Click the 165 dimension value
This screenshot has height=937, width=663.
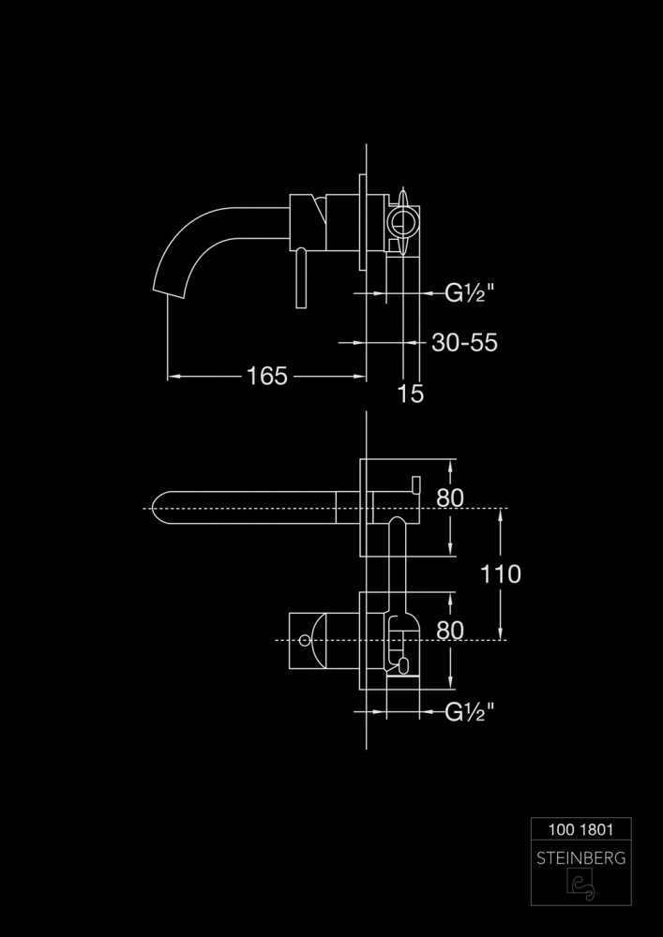point(266,376)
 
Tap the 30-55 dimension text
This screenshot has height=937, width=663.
point(464,343)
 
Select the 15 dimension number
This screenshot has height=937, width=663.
point(411,394)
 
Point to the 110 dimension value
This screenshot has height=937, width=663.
point(501,573)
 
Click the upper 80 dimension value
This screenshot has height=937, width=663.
point(449,498)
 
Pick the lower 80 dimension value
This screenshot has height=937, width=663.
point(449,631)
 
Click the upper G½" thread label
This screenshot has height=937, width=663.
point(470,293)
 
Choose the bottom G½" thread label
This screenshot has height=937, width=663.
point(470,712)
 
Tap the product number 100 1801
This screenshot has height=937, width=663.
point(580,829)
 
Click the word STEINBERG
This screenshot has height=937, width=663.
point(580,858)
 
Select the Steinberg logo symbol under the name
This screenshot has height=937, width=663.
point(580,884)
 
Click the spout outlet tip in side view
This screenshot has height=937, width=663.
point(169,291)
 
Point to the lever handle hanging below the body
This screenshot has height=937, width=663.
point(301,278)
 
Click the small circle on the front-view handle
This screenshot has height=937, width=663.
point(305,641)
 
